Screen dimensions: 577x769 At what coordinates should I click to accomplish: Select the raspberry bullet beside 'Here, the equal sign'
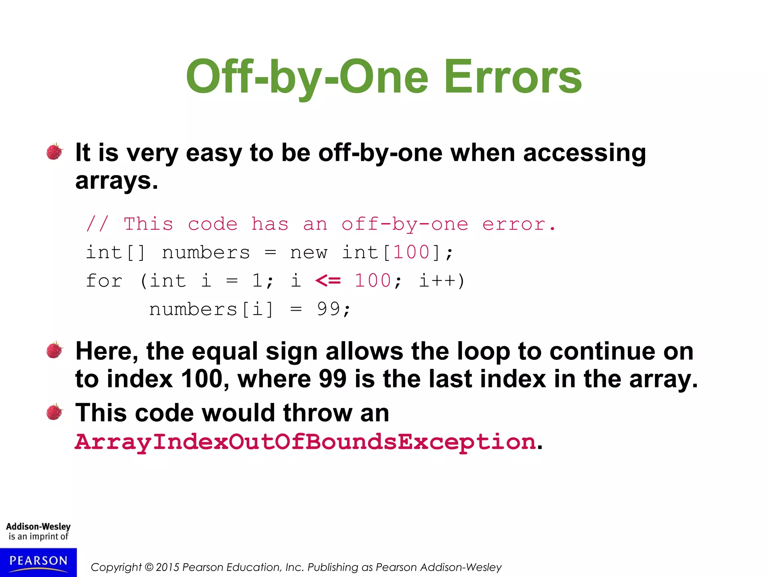point(55,350)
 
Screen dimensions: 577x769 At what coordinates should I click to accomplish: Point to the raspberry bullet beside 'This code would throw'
point(55,412)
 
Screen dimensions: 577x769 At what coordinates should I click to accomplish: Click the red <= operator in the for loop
point(328,281)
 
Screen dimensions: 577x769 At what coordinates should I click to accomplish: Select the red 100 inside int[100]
point(411,252)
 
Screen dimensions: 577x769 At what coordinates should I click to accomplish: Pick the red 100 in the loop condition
point(373,281)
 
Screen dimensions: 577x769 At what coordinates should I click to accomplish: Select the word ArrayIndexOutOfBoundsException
point(305,441)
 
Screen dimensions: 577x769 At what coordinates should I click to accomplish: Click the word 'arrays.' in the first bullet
point(116,181)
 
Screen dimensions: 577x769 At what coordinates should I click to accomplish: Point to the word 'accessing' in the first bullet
point(584,153)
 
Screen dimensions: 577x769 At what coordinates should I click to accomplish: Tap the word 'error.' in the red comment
point(519,224)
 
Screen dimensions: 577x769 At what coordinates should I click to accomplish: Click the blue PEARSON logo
point(38,562)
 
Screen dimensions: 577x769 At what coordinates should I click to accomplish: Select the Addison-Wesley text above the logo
point(38,527)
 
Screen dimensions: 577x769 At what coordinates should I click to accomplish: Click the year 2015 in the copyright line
point(167,567)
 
